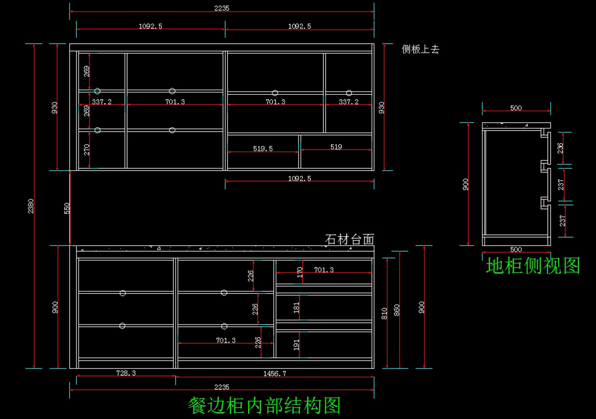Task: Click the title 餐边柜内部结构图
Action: pos(264,406)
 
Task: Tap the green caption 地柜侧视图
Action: pos(533,266)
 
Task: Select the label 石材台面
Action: pos(349,240)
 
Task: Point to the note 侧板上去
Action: pos(420,49)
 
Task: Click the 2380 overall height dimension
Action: pos(31,206)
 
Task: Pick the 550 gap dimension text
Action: pos(67,208)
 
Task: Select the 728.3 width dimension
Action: pos(126,373)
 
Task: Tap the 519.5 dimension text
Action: pos(263,148)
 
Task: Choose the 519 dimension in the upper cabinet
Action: pos(336,147)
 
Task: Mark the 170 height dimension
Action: pos(299,272)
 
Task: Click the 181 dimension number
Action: pos(297,308)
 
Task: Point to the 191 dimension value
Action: pos(297,345)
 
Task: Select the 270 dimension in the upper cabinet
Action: pos(87,149)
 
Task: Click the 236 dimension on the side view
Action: pos(560,148)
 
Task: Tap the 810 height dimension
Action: pos(384,313)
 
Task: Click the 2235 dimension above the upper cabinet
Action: pos(222,8)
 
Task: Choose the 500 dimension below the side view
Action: pos(516,250)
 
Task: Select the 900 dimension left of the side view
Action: pos(465,185)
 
